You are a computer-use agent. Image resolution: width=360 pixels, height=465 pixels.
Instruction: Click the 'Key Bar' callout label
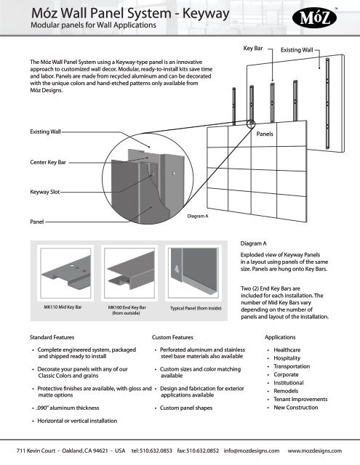coord(252,48)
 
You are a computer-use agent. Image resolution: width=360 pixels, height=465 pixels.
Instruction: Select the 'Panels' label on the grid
coord(267,135)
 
